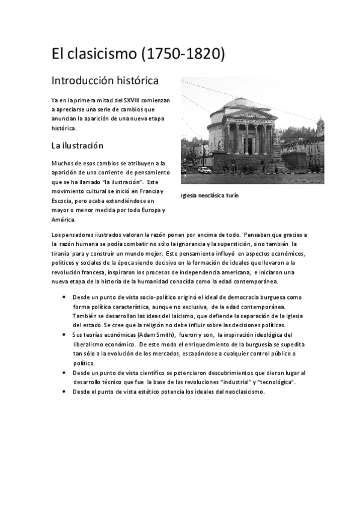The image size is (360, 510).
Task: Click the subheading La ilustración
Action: click(x=77, y=146)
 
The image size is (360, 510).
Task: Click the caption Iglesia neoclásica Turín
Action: click(x=210, y=195)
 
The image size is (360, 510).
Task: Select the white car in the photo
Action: click(x=205, y=170)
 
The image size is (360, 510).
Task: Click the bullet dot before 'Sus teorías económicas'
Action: click(x=64, y=334)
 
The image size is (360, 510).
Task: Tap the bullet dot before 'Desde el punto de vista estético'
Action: click(x=64, y=392)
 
